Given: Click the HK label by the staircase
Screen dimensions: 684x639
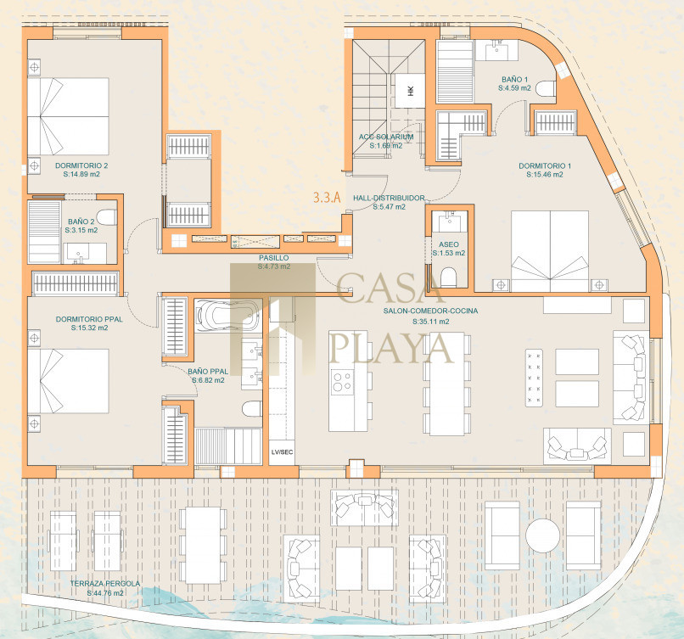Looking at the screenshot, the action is (410, 91).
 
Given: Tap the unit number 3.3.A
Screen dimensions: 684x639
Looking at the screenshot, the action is (327, 198).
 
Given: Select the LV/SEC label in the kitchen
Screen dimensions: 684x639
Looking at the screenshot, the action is (282, 451).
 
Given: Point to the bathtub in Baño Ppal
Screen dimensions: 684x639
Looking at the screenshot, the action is (225, 315).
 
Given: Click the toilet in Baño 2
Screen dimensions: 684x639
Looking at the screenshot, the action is (106, 217).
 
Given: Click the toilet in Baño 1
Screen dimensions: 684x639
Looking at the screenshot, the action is (546, 89).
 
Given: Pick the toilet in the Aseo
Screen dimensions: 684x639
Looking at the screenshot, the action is (448, 277).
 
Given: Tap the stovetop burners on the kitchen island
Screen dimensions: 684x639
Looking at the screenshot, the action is (342, 382).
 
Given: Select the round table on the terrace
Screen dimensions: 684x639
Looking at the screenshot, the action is (542, 535).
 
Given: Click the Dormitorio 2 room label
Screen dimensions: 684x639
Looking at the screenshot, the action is (81, 165).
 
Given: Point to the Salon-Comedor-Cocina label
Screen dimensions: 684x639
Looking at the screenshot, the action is (430, 311).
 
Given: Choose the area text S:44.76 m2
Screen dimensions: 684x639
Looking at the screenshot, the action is (105, 593).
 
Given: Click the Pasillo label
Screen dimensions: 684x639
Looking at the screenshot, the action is (273, 258).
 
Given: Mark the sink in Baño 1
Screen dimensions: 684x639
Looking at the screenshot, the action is (497, 50).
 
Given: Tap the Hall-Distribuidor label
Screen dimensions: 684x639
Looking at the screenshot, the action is (389, 198).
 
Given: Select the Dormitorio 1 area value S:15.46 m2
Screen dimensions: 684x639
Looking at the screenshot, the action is (545, 175).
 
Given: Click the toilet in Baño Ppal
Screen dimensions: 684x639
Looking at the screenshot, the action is (252, 409).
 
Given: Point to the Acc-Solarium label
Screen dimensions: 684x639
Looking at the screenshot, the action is (386, 137).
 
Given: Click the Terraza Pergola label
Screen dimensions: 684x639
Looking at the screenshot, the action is (105, 584).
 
